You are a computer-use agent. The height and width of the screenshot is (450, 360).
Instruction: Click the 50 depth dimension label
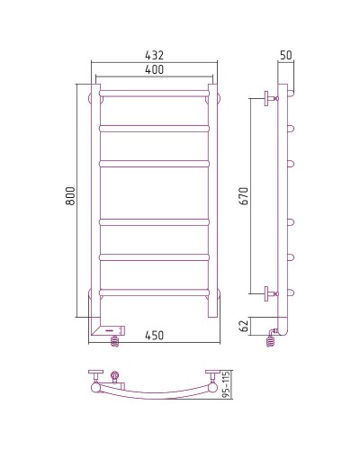[x=286, y=57]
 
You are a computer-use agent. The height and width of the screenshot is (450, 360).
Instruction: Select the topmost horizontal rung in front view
[x=155, y=93]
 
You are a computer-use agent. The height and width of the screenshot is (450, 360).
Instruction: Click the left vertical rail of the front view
[x=94, y=198]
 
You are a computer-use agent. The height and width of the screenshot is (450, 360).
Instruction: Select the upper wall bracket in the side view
[x=268, y=98]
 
